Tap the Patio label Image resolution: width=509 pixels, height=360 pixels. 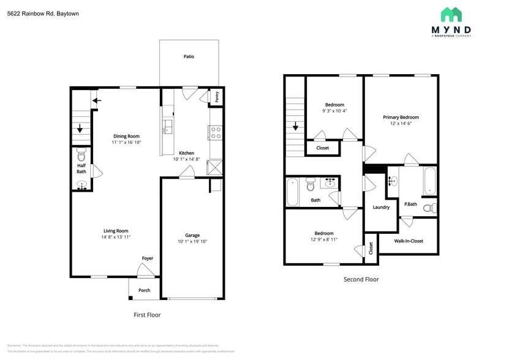click(x=189, y=56)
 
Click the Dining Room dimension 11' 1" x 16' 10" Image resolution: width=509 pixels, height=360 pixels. click(x=126, y=142)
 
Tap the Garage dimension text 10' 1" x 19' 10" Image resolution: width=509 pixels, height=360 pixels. click(x=192, y=241)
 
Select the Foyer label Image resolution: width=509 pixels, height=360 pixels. click(x=148, y=258)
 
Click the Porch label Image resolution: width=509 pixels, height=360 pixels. click(x=144, y=290)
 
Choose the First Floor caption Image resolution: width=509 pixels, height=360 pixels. click(x=147, y=315)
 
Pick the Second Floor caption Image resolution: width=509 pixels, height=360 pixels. click(x=361, y=279)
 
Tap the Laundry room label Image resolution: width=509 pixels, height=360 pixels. click(x=381, y=207)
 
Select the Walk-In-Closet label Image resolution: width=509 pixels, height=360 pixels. click(x=409, y=241)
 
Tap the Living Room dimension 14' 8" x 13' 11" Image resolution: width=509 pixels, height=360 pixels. click(x=115, y=236)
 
